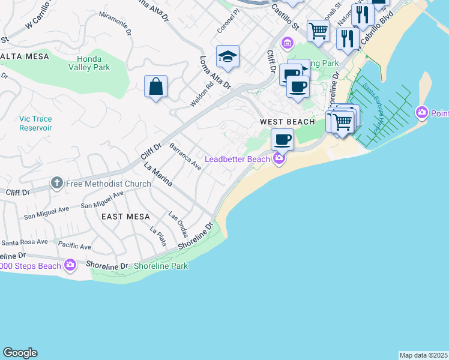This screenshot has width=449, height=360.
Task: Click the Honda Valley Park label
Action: (93, 63)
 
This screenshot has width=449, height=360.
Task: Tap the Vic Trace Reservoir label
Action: (27, 124)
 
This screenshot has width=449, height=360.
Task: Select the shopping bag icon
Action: (155, 86)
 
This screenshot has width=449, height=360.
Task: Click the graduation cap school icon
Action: (228, 56)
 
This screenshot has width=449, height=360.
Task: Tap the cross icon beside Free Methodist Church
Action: (57, 182)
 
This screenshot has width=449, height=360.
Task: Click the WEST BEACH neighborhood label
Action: (288, 122)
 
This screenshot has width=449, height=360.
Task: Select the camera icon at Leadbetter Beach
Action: (279, 159)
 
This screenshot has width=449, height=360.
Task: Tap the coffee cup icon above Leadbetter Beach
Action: (282, 140)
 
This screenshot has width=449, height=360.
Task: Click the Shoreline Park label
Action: (161, 266)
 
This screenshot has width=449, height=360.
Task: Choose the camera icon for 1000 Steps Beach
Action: (70, 265)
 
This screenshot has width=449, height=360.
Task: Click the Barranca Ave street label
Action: (185, 157)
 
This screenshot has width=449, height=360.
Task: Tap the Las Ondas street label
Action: (178, 224)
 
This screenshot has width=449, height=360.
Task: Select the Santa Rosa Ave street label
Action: (23, 243)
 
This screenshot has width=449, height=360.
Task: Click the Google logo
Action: (20, 353)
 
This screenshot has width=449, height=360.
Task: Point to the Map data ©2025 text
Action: (423, 355)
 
